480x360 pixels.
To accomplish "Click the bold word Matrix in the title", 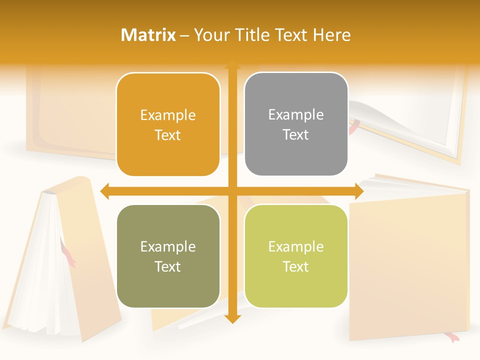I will [148, 35].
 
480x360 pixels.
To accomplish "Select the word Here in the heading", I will [332, 35].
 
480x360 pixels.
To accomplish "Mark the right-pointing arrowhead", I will [358, 191].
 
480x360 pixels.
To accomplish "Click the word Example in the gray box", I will [296, 114].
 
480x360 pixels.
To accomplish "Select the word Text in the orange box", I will [168, 135].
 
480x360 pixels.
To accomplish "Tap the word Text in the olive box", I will [168, 266].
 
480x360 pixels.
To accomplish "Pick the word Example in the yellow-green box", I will [296, 246].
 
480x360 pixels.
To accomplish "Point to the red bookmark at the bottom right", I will [453, 338].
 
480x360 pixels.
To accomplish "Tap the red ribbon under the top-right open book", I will [353, 127].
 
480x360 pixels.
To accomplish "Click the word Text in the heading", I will [291, 35].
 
